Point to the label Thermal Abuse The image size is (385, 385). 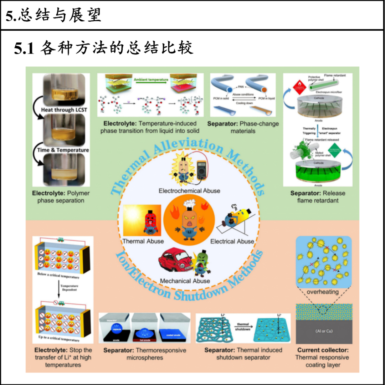[143, 241]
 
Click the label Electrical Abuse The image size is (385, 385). [232, 241]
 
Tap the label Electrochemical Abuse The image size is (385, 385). [189, 191]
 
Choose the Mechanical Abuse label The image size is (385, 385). [185, 281]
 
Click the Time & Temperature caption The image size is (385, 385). [63, 150]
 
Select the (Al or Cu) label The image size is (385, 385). [324, 331]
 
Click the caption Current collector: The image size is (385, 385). [323, 350]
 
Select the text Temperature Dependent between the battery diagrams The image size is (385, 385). [69, 288]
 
